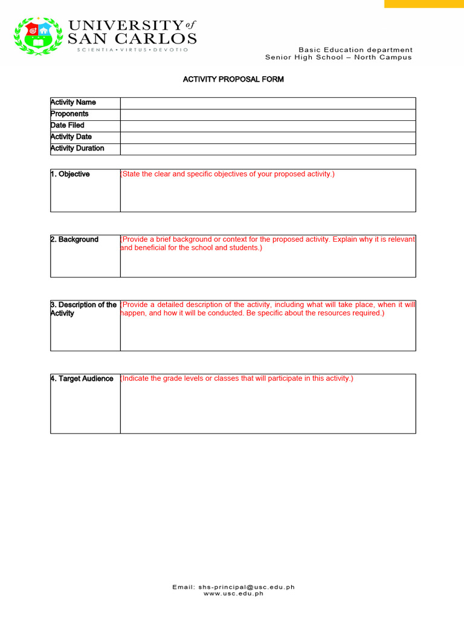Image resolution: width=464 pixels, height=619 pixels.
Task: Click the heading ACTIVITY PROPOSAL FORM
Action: point(233,79)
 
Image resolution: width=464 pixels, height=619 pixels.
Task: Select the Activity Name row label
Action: point(73,103)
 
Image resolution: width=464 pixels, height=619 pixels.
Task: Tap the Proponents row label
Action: point(69,114)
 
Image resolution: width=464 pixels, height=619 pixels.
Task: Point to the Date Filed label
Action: point(68,126)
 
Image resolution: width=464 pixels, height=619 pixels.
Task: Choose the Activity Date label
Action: point(71,137)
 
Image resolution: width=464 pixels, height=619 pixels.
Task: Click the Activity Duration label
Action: point(77,149)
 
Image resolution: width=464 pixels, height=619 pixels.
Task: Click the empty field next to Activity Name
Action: point(268,103)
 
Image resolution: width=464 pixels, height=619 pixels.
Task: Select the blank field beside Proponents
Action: point(268,114)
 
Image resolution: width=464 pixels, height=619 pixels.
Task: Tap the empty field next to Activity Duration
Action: point(268,149)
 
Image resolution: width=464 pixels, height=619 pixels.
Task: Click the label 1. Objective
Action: point(70,175)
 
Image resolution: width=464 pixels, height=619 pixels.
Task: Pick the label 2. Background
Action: point(74,240)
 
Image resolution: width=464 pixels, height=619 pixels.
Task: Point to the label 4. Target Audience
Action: point(82,379)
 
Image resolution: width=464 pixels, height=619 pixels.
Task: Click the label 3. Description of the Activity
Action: point(83,309)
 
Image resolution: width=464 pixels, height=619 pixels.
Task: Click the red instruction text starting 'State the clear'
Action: point(228,175)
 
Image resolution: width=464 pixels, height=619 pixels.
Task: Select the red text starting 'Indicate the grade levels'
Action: point(237,379)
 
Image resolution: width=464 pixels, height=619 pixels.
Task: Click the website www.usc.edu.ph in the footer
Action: point(233,594)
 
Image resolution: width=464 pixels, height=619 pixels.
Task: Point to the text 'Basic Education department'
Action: point(356,50)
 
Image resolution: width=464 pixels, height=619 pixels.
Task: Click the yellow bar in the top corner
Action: point(424,4)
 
